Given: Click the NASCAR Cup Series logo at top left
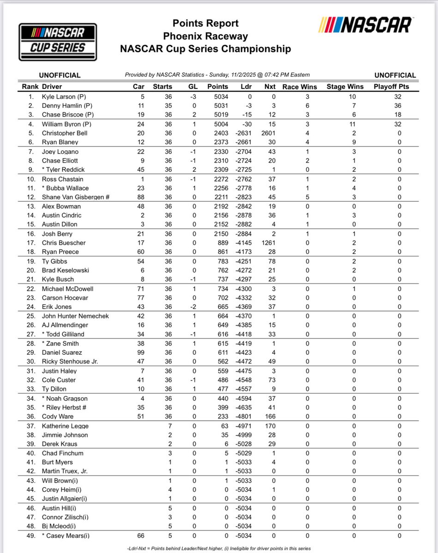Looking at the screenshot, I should [58, 42].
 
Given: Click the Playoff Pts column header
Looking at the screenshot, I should [391, 86].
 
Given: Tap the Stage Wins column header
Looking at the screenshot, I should [345, 86].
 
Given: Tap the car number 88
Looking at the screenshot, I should [141, 197].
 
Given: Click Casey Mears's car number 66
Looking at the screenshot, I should [141, 535].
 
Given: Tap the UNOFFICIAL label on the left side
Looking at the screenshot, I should [60, 75].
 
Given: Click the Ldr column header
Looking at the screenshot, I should [246, 86].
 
